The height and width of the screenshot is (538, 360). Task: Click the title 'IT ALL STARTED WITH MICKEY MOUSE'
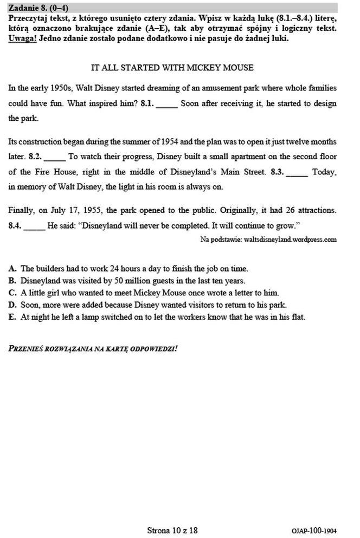click(172, 68)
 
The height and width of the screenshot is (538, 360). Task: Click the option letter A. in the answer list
click(12, 268)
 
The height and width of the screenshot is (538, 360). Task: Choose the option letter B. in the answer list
click(12, 281)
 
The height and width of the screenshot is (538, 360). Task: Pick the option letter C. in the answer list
click(12, 293)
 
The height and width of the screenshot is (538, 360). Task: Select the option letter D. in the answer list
click(12, 305)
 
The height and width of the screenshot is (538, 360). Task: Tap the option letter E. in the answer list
click(12, 317)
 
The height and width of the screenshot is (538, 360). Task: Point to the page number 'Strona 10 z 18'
click(172, 530)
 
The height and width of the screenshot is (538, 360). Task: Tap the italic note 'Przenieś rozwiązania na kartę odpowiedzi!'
click(93, 348)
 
